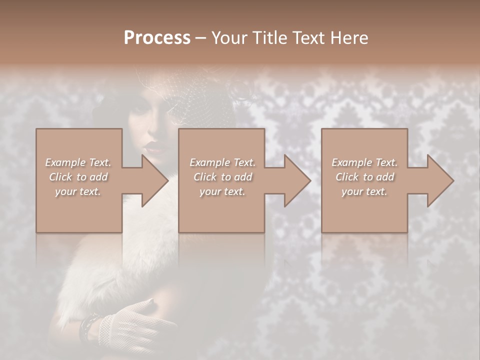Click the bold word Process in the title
pos(157,38)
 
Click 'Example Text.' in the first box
pos(78,162)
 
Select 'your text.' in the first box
pos(78,191)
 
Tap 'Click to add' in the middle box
pos(222,177)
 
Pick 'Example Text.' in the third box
pos(364,162)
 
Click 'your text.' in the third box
pos(364,191)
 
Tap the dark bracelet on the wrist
pos(89,327)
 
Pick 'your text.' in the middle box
pos(222,191)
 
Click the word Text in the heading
pos(307,38)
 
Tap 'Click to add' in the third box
pos(364,177)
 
